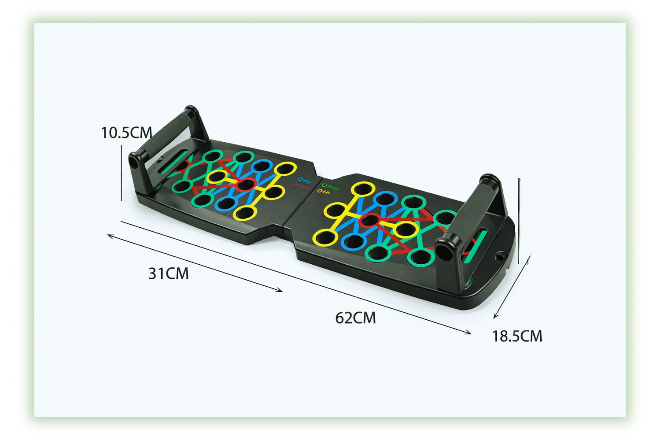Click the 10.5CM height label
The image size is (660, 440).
click(127, 133)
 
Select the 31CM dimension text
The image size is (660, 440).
click(168, 274)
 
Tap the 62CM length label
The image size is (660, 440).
click(355, 318)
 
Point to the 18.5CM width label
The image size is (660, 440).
click(517, 336)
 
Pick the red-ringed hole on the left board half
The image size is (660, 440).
click(245, 185)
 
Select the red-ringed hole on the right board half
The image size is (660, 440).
click(369, 221)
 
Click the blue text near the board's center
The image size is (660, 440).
click(304, 180)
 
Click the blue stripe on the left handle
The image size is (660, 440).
click(186, 116)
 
